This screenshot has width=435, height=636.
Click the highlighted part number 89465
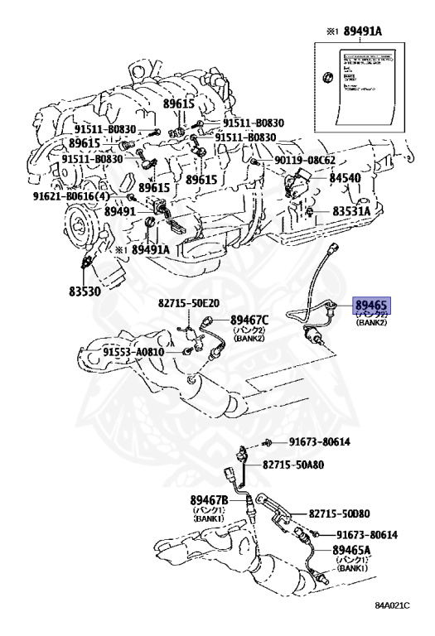click(372, 305)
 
